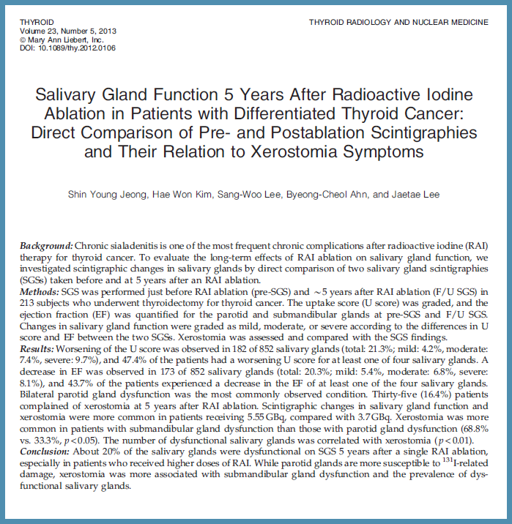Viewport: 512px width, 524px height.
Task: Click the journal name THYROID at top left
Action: tap(37, 23)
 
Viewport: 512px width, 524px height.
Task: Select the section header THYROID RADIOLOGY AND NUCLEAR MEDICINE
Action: tap(398, 23)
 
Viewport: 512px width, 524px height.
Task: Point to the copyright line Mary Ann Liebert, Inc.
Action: tap(75, 40)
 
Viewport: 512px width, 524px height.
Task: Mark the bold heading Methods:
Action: tap(42, 289)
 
